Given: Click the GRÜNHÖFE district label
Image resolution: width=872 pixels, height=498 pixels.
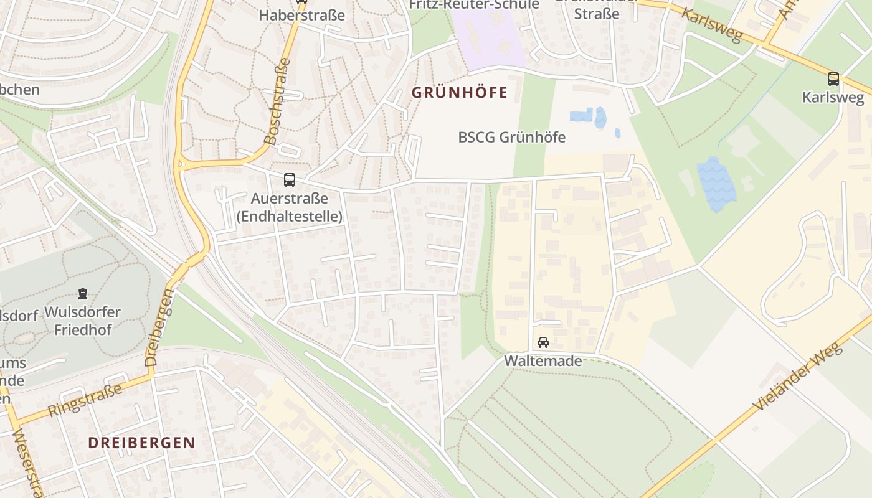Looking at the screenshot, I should (460, 93).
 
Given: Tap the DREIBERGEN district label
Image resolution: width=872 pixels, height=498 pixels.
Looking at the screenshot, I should (141, 443).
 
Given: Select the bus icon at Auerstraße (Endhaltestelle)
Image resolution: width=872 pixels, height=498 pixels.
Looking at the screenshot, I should (290, 180).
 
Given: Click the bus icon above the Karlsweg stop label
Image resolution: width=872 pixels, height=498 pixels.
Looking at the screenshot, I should (833, 79).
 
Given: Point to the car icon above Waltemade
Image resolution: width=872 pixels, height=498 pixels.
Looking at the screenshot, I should (543, 342).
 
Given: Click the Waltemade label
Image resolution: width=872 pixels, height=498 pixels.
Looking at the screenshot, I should (543, 361).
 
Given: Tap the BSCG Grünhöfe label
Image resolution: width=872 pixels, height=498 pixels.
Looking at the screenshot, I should (511, 137).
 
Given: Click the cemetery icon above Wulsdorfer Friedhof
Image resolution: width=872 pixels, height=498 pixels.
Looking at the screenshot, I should (82, 293).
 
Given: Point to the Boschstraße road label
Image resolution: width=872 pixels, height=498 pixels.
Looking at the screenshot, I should (277, 101).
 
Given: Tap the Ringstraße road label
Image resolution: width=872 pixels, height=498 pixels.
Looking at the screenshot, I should (85, 400).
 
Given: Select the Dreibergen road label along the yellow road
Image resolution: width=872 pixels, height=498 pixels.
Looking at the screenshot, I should (159, 327).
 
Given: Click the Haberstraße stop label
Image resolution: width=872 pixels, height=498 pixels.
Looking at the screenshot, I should (301, 15).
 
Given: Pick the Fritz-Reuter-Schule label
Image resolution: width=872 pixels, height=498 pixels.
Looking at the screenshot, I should (473, 5).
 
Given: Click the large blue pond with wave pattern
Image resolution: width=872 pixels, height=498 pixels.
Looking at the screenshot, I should (716, 184).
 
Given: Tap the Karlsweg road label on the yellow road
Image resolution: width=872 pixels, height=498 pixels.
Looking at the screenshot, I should (712, 25).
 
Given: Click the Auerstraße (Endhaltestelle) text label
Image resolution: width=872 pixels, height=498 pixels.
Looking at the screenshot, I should (289, 207).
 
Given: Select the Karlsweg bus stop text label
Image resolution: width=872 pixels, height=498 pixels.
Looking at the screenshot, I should (833, 98).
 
